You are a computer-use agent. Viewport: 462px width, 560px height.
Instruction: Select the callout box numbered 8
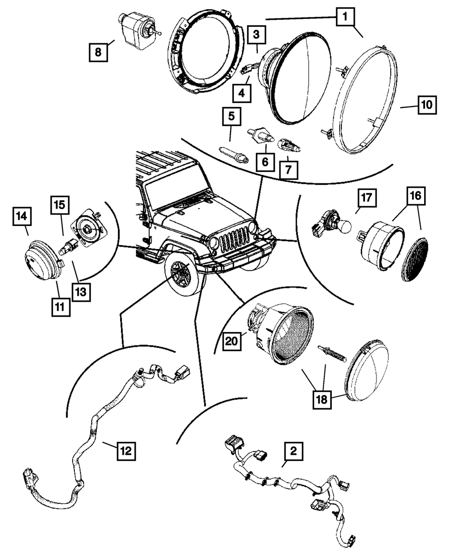click(98, 52)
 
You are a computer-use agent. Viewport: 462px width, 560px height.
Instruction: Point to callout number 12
click(126, 450)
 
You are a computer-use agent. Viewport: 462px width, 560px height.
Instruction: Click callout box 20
click(232, 340)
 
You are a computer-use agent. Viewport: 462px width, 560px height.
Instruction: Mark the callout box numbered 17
click(366, 198)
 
